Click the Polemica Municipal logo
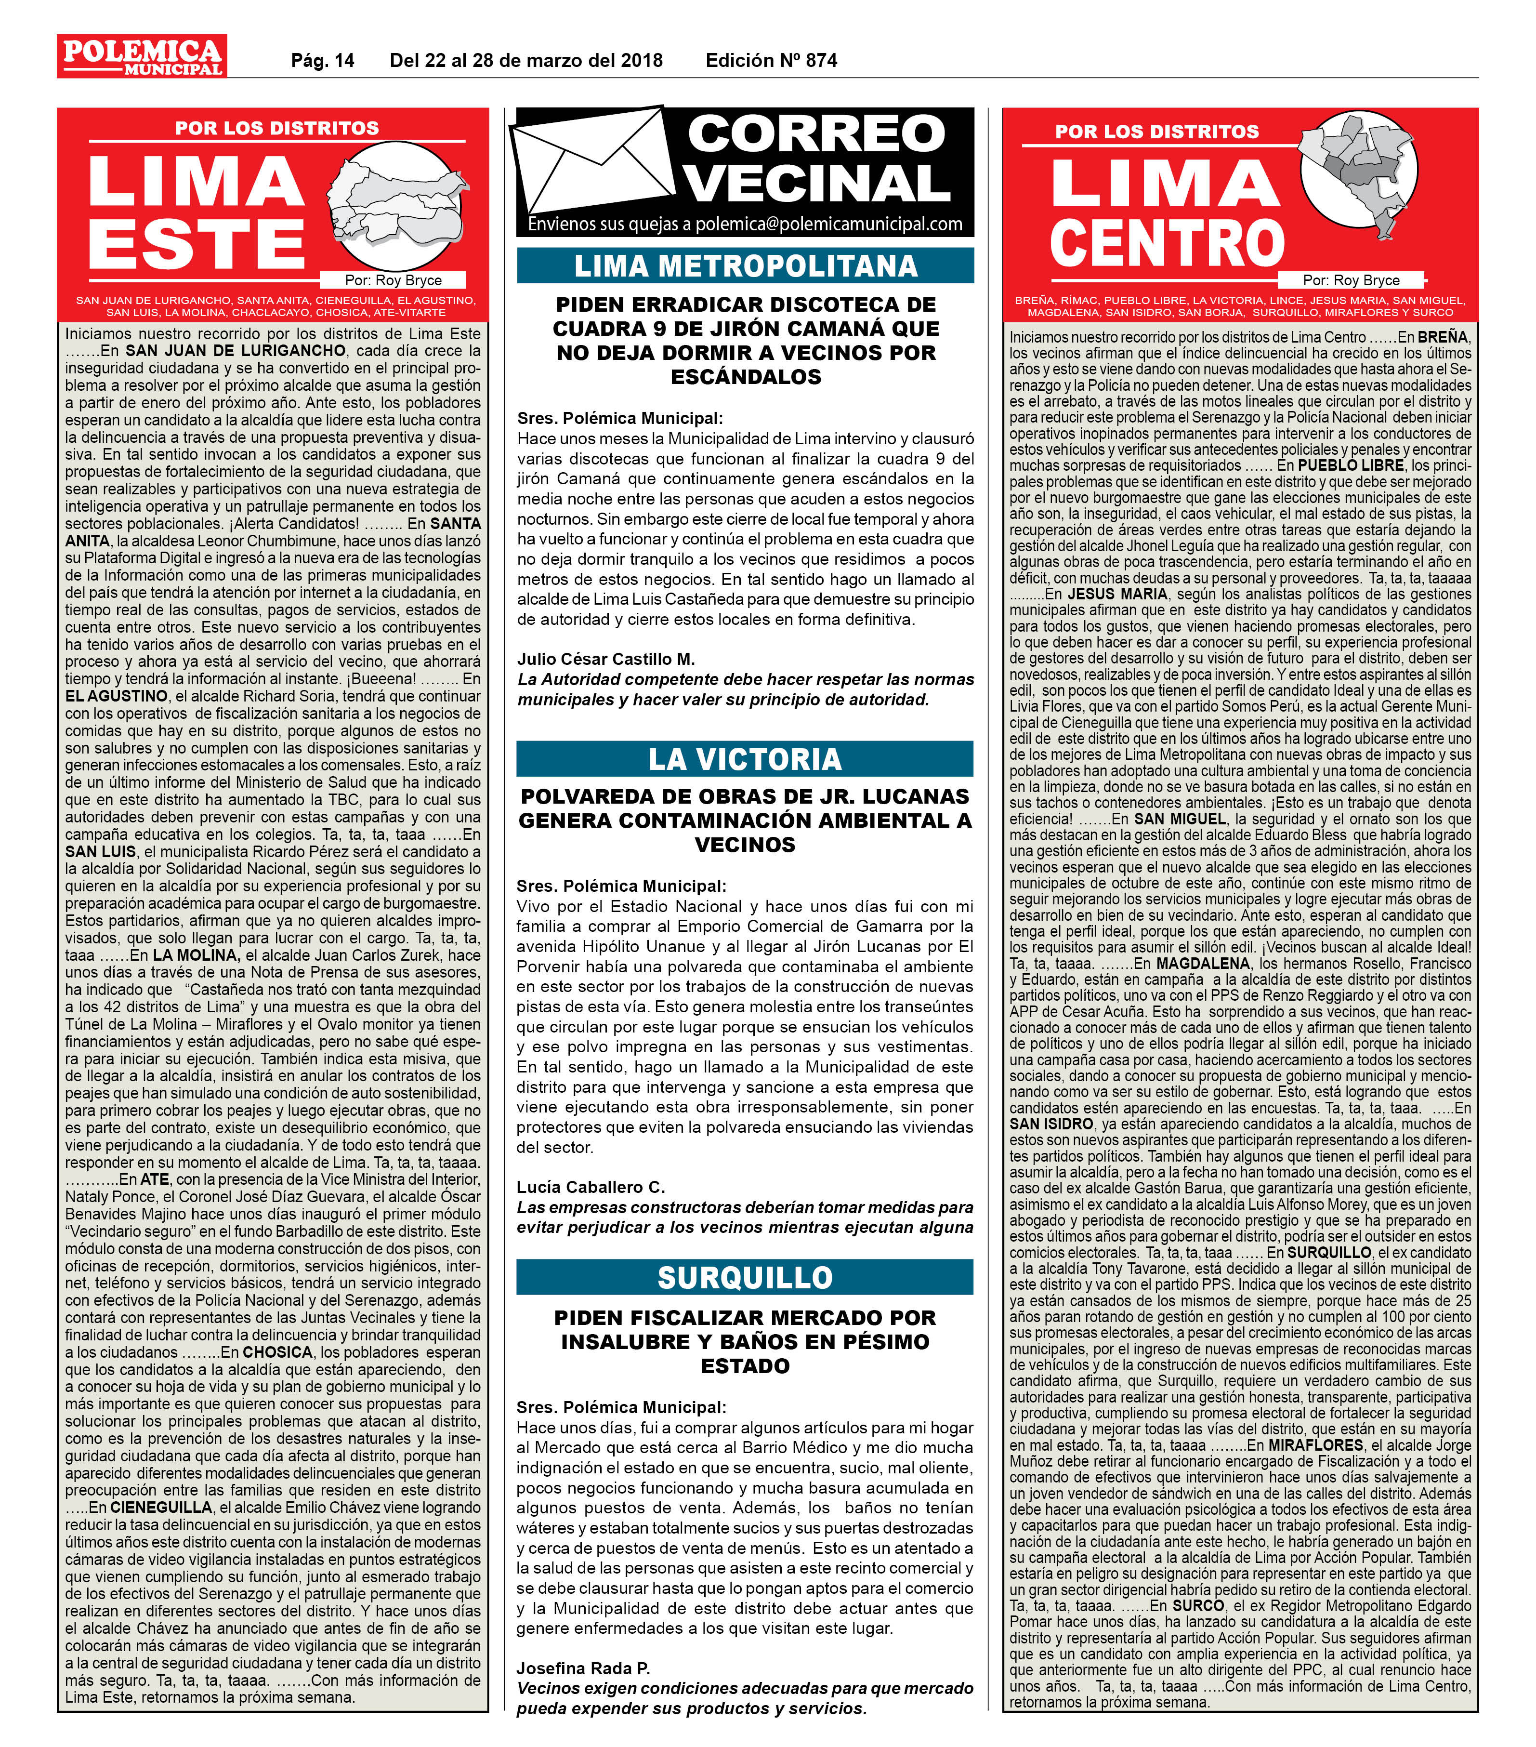[x=142, y=56]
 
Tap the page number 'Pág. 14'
[x=322, y=61]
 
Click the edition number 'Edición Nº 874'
[x=771, y=61]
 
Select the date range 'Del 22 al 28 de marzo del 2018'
[x=525, y=61]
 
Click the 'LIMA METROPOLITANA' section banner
[x=745, y=266]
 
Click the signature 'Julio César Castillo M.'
[x=606, y=659]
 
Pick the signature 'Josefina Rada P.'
[x=583, y=1668]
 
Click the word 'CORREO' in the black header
[x=816, y=134]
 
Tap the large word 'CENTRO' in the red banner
[x=1167, y=244]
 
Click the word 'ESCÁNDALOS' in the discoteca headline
[x=745, y=377]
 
